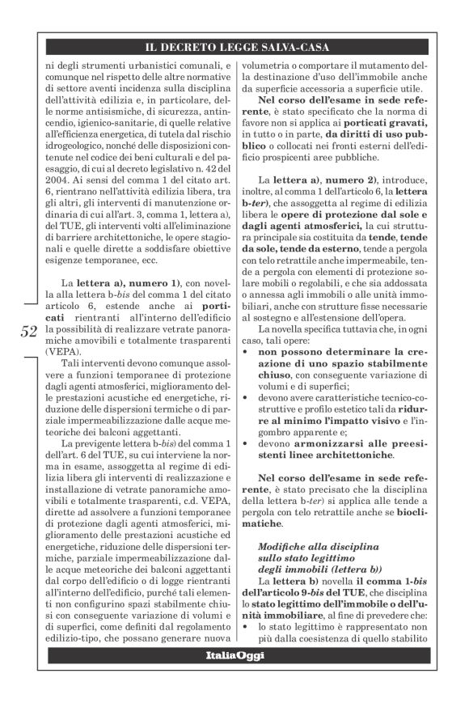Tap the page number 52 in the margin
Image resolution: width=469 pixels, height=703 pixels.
28,330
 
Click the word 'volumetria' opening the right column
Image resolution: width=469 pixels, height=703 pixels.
271,65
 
